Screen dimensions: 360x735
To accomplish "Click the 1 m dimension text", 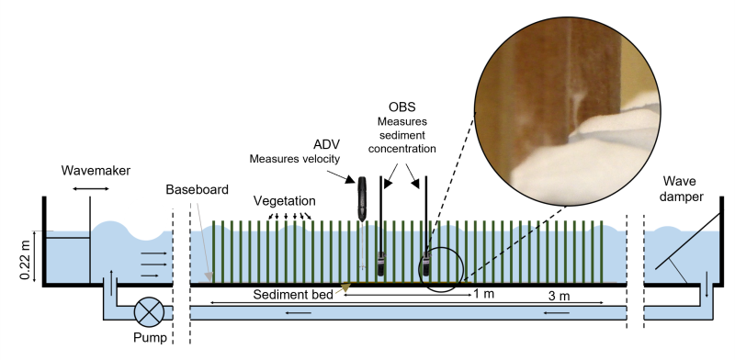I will pyautogui.click(x=483, y=294).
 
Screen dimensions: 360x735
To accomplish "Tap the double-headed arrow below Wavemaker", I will pyautogui.click(x=90, y=188).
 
